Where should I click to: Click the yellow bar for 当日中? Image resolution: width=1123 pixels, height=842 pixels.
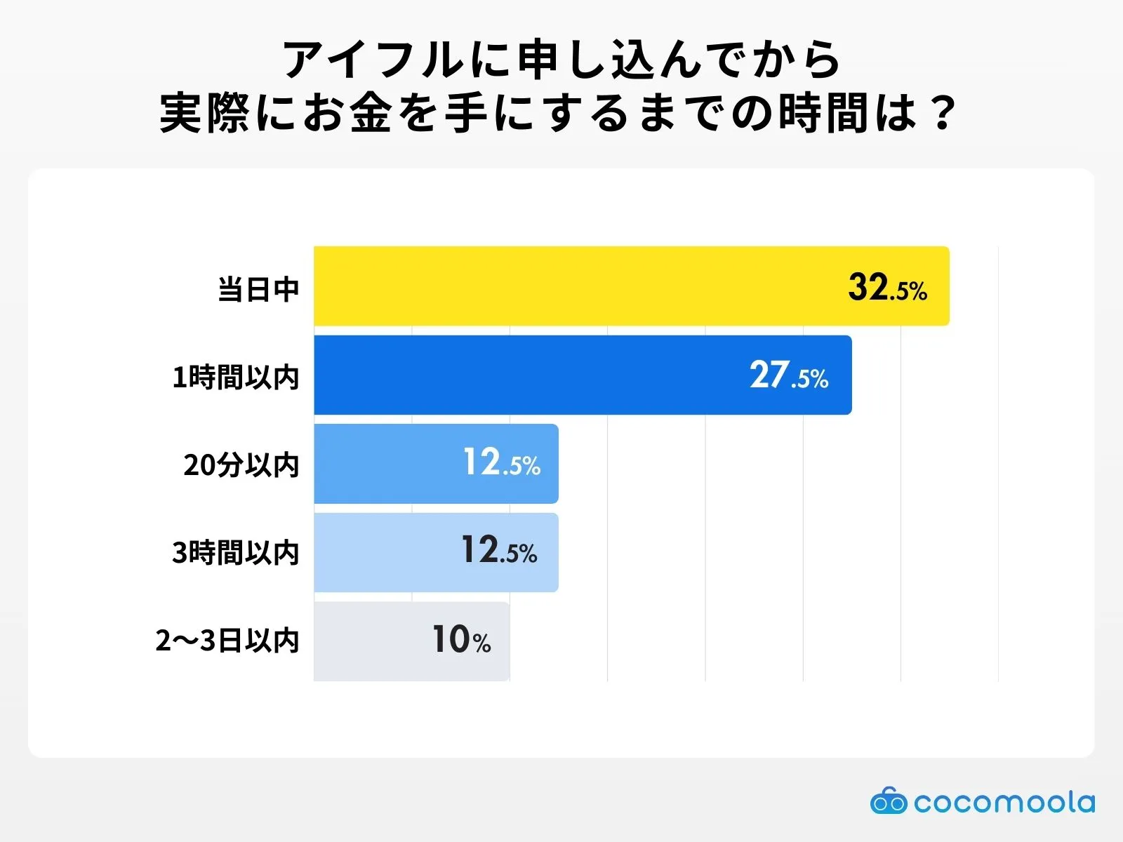pyautogui.click(x=576, y=286)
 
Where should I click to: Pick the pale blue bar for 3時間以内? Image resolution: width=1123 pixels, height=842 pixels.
pyautogui.click(x=386, y=552)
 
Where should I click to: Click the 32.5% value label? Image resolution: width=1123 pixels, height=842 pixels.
pyautogui.click(x=887, y=288)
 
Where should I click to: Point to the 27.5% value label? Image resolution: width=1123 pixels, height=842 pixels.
pyautogui.click(x=789, y=376)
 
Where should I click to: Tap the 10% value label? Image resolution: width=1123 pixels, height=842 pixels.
pyautogui.click(x=461, y=641)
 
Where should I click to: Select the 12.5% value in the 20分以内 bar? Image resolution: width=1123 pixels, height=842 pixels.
pyautogui.click(x=501, y=464)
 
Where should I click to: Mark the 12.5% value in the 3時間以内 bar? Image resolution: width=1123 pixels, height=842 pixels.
pyautogui.click(x=499, y=551)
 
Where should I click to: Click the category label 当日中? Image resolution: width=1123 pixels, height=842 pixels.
pyautogui.click(x=258, y=289)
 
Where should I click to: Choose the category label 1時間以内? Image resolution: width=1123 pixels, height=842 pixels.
pyautogui.click(x=236, y=377)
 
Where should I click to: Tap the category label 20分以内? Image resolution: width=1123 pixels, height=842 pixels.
pyautogui.click(x=241, y=465)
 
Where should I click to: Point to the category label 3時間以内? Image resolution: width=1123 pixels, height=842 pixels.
pyautogui.click(x=236, y=554)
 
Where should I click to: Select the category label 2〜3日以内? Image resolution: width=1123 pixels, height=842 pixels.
pyautogui.click(x=227, y=641)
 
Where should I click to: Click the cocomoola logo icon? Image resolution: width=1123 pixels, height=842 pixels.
pyautogui.click(x=888, y=801)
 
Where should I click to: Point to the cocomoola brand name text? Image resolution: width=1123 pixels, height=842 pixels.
pyautogui.click(x=1004, y=802)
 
